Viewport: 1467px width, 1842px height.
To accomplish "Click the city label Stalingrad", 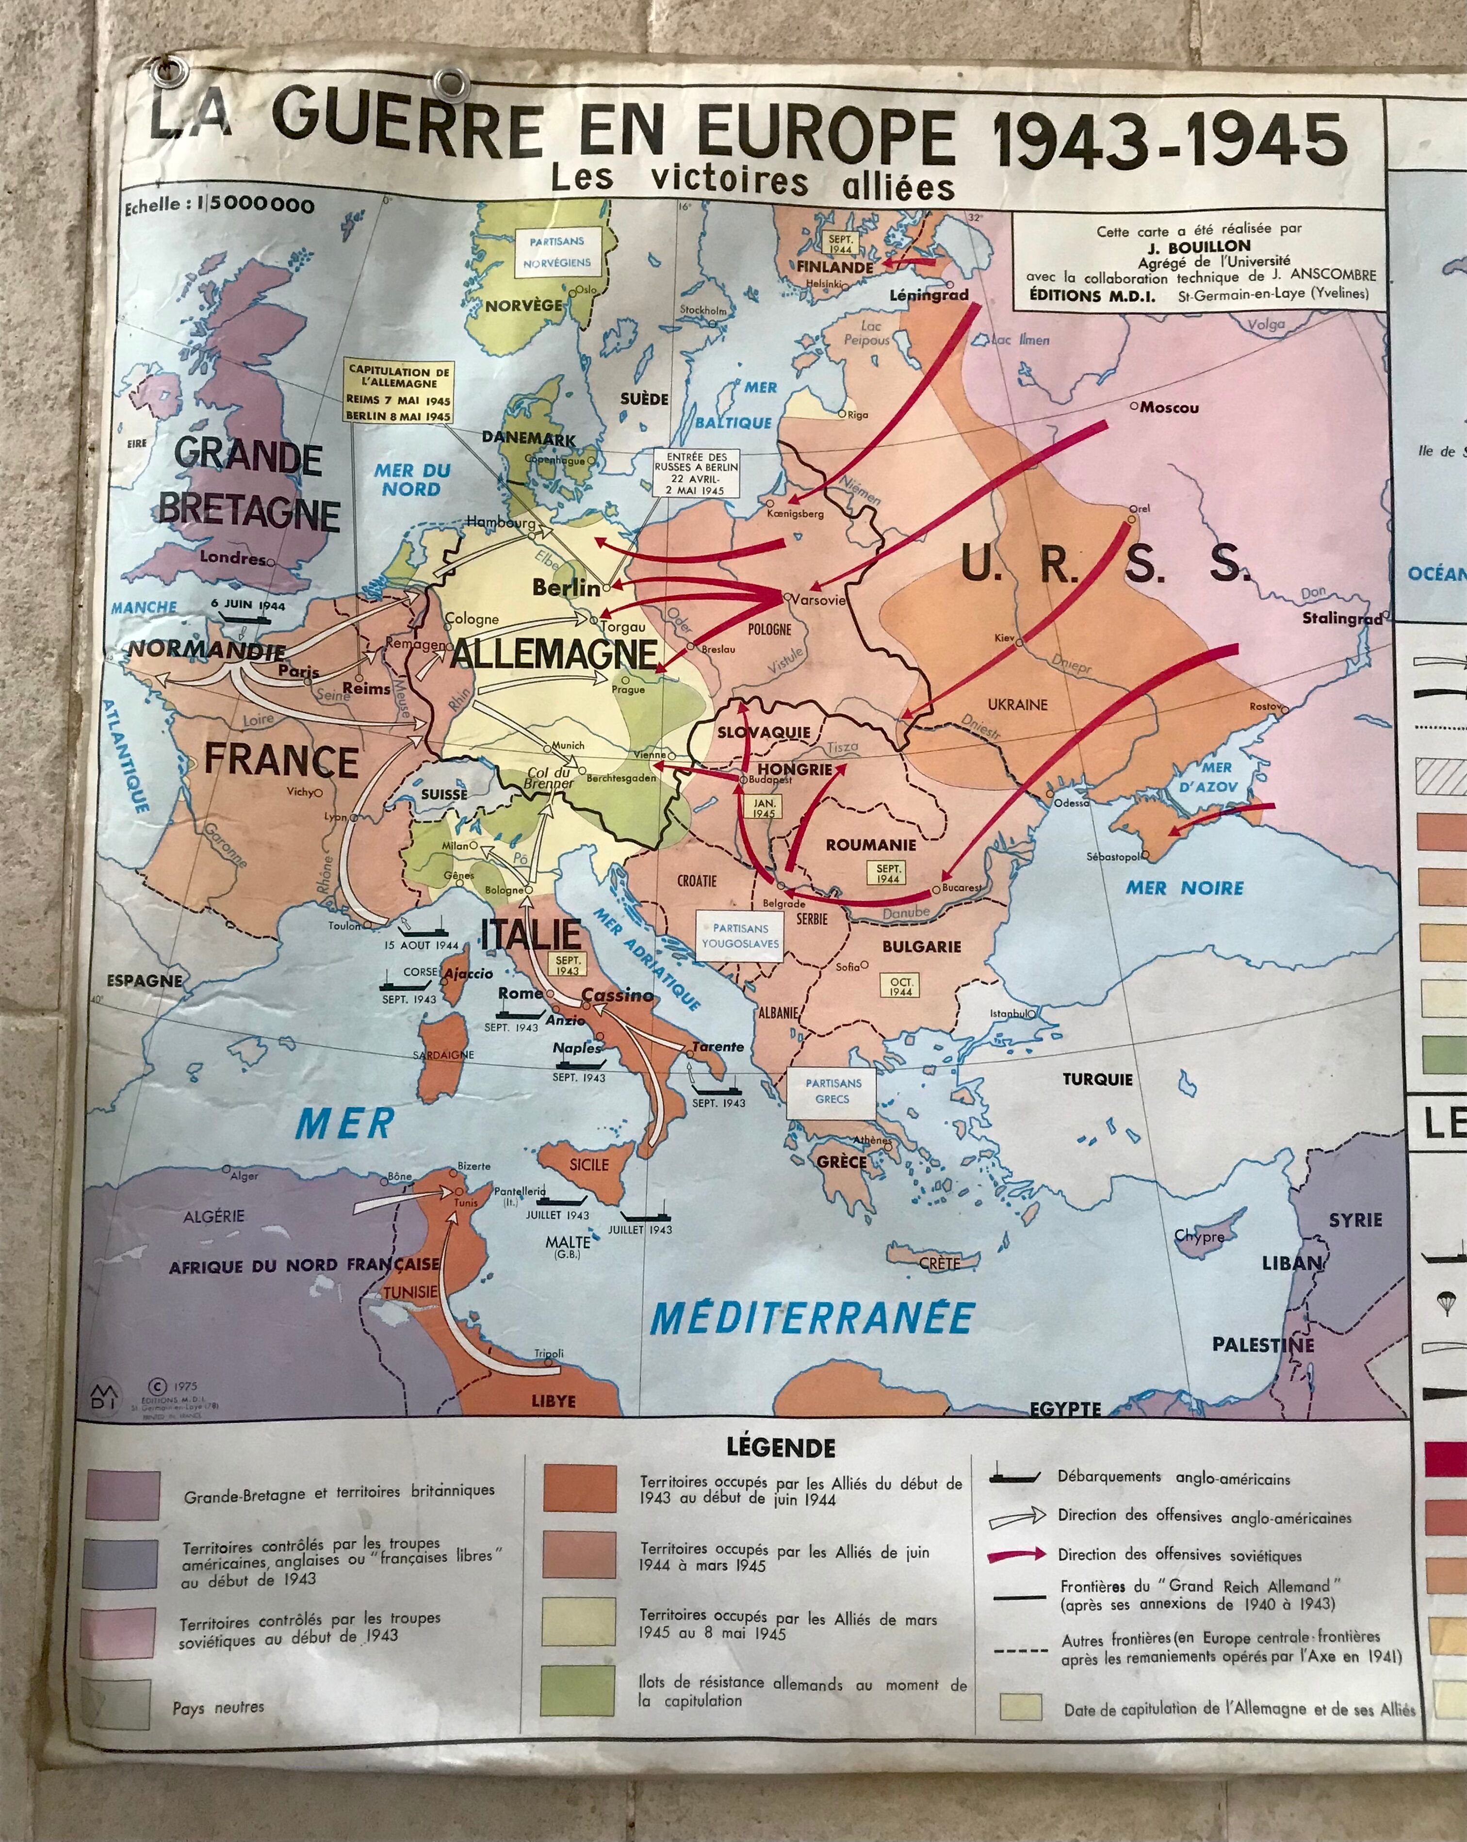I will click(x=1341, y=618).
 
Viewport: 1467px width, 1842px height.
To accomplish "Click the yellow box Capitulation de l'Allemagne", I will click(x=398, y=392).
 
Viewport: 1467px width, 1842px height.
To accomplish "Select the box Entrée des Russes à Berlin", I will click(x=696, y=473).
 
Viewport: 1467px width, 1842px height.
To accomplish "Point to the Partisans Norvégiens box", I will click(x=556, y=252).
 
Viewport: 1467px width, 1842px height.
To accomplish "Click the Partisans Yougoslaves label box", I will click(x=740, y=935).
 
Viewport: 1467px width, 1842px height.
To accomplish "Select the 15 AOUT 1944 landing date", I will click(x=421, y=945).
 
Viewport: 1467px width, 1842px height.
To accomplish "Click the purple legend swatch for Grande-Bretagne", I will click(x=122, y=1494).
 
